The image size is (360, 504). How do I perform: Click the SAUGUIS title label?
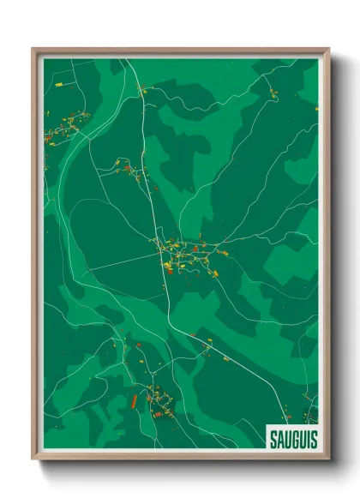click(291, 439)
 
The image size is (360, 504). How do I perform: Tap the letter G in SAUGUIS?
click(293, 439)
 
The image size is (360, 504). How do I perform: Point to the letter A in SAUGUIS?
click(278, 439)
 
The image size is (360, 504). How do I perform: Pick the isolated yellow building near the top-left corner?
click(58, 84)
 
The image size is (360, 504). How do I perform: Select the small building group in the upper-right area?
click(273, 93)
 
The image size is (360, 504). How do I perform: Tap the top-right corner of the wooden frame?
click(328, 49)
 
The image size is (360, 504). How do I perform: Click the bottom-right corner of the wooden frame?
click(328, 460)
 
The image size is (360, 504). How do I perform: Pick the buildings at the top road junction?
click(142, 88)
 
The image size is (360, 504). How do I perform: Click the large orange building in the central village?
click(169, 267)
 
